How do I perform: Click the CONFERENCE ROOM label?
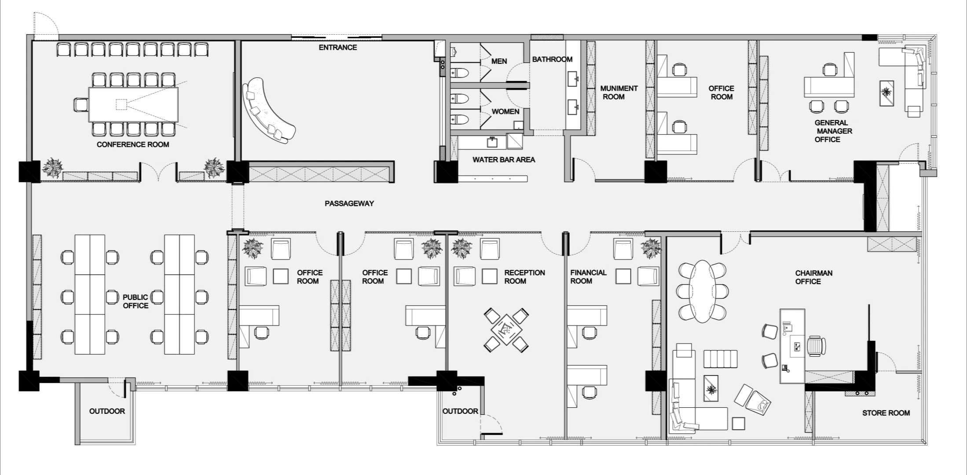pyautogui.click(x=133, y=144)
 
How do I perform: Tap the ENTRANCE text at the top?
pyautogui.click(x=338, y=47)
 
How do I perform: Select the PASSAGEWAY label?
pyautogui.click(x=349, y=203)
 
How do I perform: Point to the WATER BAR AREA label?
pyautogui.click(x=504, y=160)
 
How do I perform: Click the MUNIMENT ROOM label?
pyautogui.click(x=619, y=92)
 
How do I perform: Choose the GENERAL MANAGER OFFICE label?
pyautogui.click(x=831, y=131)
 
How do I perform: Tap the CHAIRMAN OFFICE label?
pyautogui.click(x=813, y=277)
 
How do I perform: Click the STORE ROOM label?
pyautogui.click(x=886, y=413)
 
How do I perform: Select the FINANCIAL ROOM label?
pyautogui.click(x=588, y=277)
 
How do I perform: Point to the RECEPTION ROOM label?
pyautogui.click(x=524, y=277)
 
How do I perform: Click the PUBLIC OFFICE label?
pyautogui.click(x=136, y=301)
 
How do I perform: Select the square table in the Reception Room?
pyautogui.click(x=506, y=329)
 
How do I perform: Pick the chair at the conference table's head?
pyautogui.click(x=81, y=105)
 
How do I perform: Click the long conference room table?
pyautogui.click(x=133, y=105)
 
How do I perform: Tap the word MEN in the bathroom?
pyautogui.click(x=499, y=61)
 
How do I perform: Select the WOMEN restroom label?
pyautogui.click(x=505, y=112)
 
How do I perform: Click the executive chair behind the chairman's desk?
pyautogui.click(x=816, y=346)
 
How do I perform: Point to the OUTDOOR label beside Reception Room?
pyautogui.click(x=460, y=411)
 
